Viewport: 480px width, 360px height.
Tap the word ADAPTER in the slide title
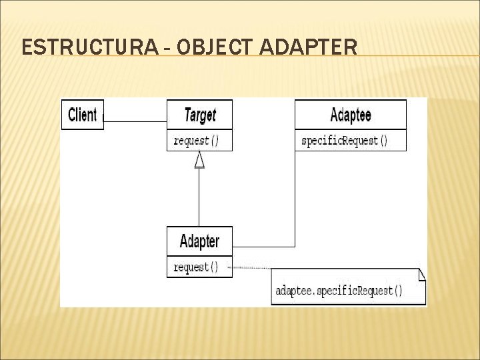[307, 47]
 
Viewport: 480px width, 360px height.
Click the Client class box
[83, 115]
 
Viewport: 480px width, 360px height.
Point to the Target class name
[199, 115]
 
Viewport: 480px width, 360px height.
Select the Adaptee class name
[350, 115]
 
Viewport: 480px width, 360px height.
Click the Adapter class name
[199, 241]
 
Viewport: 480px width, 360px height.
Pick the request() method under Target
[195, 141]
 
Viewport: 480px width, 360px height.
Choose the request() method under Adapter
[195, 267]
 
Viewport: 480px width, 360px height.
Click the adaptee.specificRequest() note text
[339, 291]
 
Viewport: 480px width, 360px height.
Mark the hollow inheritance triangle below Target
[199, 160]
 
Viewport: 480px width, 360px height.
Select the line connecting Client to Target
[135, 121]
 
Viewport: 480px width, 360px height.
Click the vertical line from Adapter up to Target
[199, 200]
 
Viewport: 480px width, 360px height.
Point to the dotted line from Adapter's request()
[251, 267]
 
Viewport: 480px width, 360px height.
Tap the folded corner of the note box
[421, 273]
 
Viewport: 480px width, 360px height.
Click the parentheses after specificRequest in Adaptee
[383, 141]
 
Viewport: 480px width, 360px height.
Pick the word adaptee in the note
[293, 291]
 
